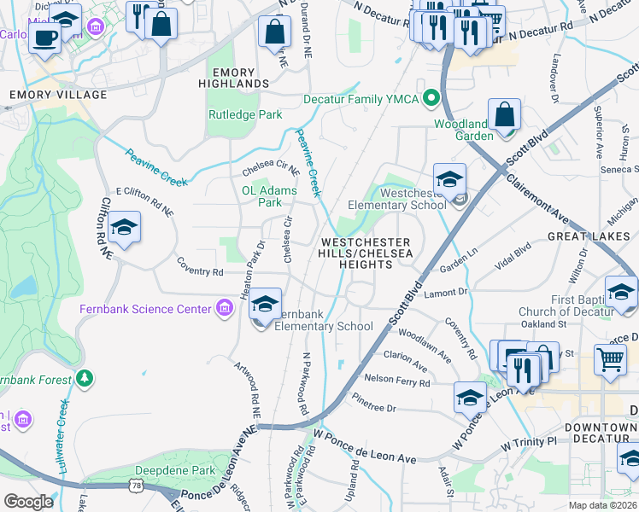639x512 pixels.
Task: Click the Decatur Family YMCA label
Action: pyautogui.click(x=362, y=99)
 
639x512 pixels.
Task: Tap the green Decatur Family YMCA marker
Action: pyautogui.click(x=431, y=99)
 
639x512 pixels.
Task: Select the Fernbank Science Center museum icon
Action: pyautogui.click(x=225, y=308)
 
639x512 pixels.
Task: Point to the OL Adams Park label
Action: pyautogui.click(x=261, y=196)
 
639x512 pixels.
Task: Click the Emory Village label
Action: pyautogui.click(x=58, y=95)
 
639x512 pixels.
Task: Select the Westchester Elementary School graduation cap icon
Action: pyautogui.click(x=449, y=179)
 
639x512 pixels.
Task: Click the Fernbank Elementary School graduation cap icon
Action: pyautogui.click(x=266, y=304)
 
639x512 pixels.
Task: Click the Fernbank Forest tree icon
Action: pyautogui.click(x=84, y=377)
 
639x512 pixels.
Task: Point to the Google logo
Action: pyautogui.click(x=28, y=502)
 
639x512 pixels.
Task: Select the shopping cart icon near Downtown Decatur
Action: pyautogui.click(x=610, y=359)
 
